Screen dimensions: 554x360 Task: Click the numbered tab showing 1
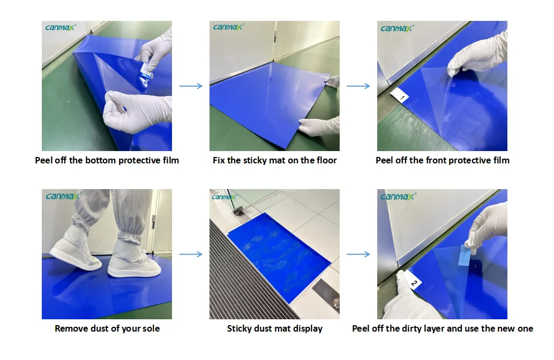click(x=399, y=95)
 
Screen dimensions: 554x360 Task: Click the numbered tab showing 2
click(x=413, y=281)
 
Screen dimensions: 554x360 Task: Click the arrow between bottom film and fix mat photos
click(x=191, y=86)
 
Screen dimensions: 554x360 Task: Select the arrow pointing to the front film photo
click(x=358, y=86)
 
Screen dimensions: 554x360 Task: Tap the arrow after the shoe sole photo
click(x=191, y=254)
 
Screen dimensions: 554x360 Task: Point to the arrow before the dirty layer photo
click(x=358, y=254)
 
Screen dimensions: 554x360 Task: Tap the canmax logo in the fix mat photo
click(x=228, y=27)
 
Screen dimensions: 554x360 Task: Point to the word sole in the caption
click(x=151, y=328)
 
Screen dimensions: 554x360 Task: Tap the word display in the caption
click(x=308, y=329)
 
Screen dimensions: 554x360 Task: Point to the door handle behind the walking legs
click(x=154, y=221)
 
